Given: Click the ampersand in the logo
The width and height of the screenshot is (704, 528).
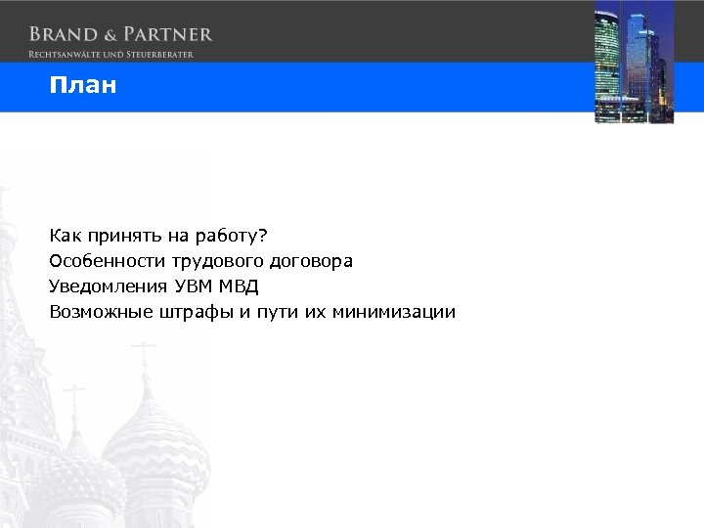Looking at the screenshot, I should tap(109, 34).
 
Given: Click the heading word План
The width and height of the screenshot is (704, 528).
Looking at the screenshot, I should tap(84, 86).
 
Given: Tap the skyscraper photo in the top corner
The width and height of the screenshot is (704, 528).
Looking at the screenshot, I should tap(634, 63).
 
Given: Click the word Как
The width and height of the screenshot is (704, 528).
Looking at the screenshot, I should tap(66, 236).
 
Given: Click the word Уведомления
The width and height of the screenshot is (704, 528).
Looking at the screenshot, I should tap(109, 286).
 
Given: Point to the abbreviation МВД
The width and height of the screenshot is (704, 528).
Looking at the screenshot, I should tap(242, 286).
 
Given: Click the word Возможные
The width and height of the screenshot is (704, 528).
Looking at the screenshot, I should tap(101, 312).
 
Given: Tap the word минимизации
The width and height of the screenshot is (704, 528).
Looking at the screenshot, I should tap(394, 312).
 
